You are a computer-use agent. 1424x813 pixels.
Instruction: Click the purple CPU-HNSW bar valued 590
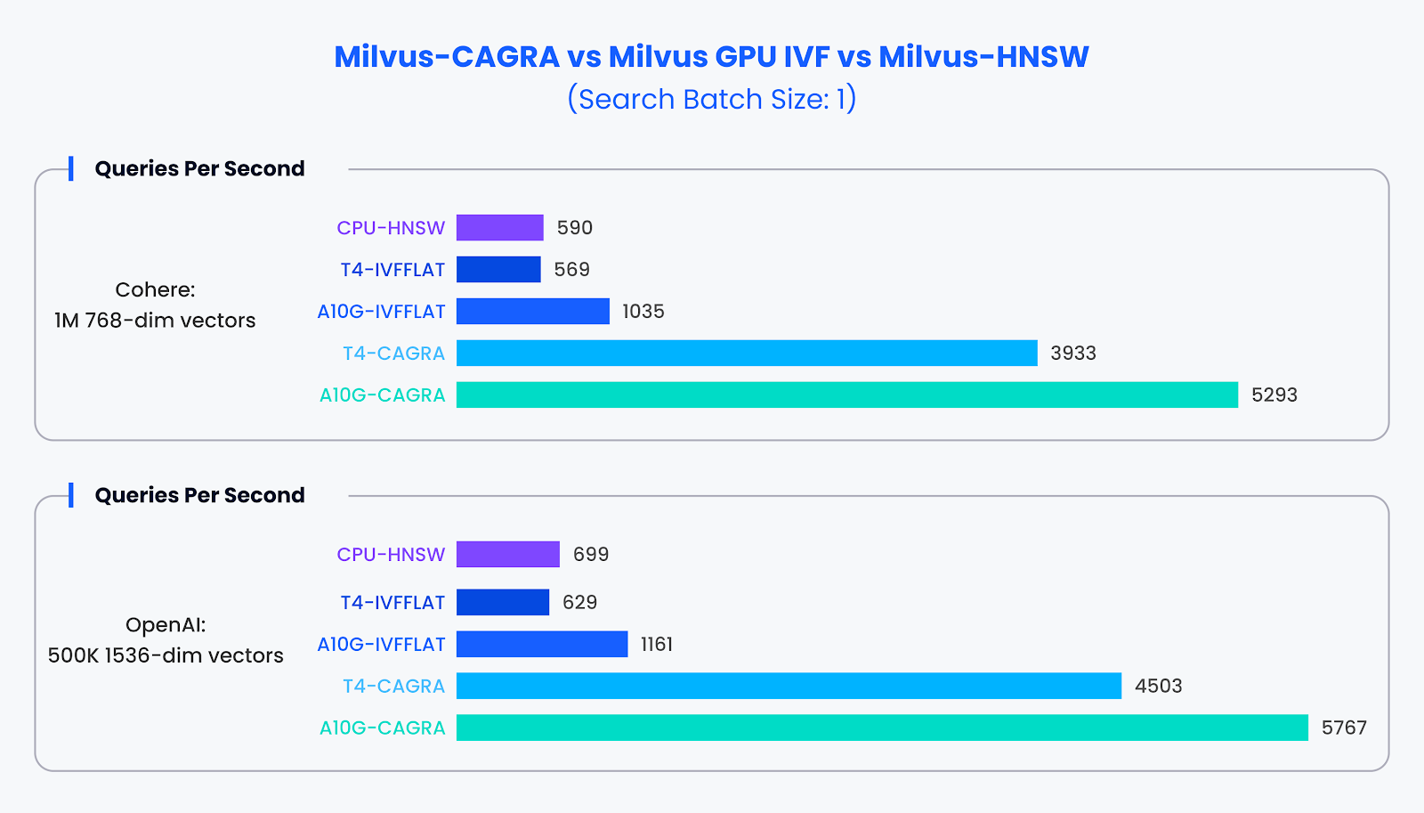(499, 227)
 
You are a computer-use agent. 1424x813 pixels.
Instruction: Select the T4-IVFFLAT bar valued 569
(498, 269)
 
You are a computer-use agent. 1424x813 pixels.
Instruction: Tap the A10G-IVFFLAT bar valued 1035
(532, 311)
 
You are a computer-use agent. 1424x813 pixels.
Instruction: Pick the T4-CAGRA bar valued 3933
(747, 353)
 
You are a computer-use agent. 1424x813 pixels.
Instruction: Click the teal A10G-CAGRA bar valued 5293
(846, 394)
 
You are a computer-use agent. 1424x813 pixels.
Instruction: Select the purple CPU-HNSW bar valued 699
(507, 554)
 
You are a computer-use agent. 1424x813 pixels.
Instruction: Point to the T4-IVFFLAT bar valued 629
(503, 602)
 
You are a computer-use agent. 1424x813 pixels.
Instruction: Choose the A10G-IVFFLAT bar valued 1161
(542, 644)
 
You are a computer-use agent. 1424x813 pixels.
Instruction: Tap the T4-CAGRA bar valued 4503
(789, 686)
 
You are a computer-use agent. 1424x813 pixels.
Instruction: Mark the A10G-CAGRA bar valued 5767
(882, 728)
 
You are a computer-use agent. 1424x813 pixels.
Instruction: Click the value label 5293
(1274, 394)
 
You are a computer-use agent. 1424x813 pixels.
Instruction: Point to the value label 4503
(1158, 686)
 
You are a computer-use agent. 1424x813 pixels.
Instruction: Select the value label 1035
(643, 311)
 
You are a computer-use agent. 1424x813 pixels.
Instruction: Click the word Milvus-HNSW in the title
(983, 56)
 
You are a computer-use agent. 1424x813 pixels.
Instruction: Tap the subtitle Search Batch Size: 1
(711, 99)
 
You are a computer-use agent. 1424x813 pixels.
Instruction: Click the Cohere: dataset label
(155, 289)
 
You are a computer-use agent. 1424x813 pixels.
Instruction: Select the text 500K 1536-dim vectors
(166, 655)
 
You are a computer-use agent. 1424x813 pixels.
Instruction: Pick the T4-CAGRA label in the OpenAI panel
(393, 686)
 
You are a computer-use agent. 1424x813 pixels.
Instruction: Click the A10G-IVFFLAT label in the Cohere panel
(381, 311)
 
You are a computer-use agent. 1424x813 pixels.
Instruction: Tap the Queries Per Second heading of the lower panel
(199, 495)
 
